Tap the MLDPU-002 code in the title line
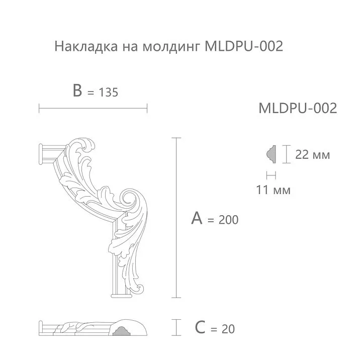[244, 47]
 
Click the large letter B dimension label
[77, 91]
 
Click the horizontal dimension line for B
[93, 107]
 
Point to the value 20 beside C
[227, 329]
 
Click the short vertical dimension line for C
[176, 327]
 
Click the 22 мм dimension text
[312, 154]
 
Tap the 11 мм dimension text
[274, 190]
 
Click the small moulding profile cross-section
[270, 154]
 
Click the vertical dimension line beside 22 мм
[285, 154]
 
